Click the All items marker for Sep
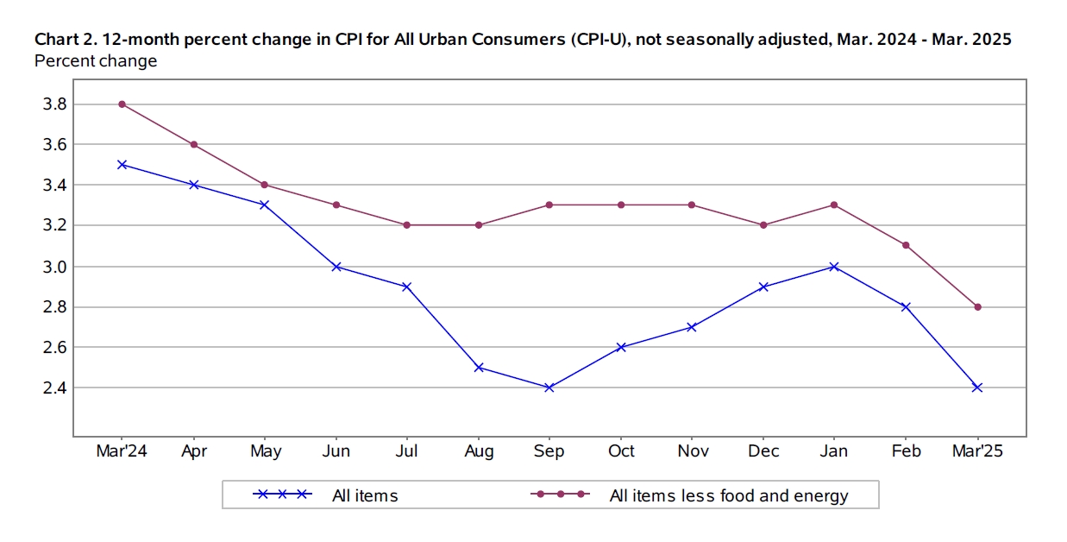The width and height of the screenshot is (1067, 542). [549, 388]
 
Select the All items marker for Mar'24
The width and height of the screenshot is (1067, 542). [122, 164]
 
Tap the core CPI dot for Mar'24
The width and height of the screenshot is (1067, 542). [122, 104]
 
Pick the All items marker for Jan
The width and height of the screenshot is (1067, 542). [834, 267]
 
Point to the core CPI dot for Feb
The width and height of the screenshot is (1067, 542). [906, 245]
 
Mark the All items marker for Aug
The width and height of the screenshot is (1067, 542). [478, 368]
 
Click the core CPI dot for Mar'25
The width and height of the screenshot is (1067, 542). [977, 307]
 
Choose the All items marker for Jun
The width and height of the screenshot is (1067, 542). [336, 267]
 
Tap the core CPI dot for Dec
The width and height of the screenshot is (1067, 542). [763, 225]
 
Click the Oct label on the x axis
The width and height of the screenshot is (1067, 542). [621, 451]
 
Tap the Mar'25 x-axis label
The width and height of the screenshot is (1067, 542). [977, 451]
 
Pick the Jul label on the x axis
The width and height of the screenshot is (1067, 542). [407, 451]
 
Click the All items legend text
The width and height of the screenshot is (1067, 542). [365, 495]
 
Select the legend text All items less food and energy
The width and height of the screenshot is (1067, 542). [729, 495]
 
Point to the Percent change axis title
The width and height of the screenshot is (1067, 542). [96, 61]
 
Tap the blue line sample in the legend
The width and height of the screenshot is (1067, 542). [281, 495]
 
